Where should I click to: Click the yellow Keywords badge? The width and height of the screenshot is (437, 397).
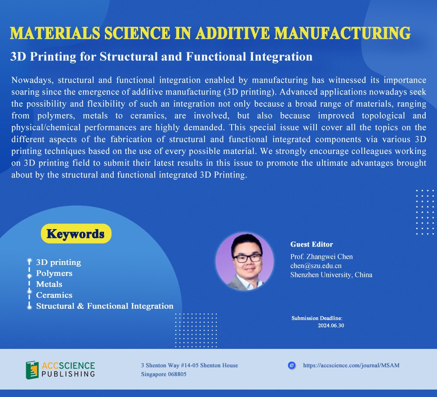(76, 233)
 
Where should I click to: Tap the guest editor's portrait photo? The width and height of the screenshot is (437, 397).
(244, 261)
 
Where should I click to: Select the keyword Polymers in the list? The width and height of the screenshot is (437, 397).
(54, 273)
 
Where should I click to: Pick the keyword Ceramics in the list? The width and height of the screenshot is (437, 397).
(54, 295)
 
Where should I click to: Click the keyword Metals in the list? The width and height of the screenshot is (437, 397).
(49, 284)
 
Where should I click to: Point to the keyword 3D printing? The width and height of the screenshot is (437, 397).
(59, 262)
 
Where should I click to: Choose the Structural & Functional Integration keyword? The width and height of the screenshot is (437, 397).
(105, 306)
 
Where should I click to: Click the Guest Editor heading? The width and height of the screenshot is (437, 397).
(312, 244)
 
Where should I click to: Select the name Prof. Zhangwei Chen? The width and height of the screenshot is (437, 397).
(321, 257)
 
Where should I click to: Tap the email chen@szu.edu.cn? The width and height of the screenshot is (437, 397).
(316, 266)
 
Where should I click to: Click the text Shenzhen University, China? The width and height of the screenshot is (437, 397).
(331, 275)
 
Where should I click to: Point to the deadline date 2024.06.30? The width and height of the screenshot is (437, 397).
(331, 325)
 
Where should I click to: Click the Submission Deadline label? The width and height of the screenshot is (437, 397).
(317, 318)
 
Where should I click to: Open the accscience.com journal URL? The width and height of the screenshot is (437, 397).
(351, 365)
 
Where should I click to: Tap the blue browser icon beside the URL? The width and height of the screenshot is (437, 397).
(291, 365)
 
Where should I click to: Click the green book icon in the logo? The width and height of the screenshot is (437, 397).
(32, 370)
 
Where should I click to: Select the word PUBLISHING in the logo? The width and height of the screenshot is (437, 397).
(68, 374)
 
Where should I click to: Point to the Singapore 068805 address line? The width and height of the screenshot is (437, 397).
(163, 374)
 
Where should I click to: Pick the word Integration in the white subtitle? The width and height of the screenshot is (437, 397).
(281, 57)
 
